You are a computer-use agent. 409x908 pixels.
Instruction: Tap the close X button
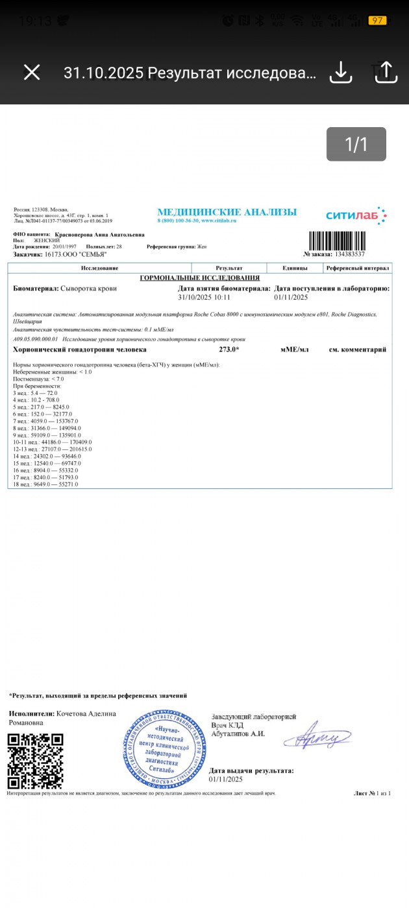click(x=32, y=72)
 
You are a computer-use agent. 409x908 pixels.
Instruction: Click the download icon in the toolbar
click(x=340, y=72)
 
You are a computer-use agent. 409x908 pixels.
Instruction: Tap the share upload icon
click(x=386, y=72)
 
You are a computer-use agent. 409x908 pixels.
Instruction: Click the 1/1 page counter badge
click(x=356, y=144)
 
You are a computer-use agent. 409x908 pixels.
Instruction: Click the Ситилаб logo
click(x=356, y=215)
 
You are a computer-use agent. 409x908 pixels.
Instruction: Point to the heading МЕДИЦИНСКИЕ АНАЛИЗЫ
click(x=227, y=212)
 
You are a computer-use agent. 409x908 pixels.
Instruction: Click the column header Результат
click(x=229, y=268)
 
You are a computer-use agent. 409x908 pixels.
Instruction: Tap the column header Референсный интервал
click(x=357, y=268)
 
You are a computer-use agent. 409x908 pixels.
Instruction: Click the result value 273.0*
click(x=229, y=350)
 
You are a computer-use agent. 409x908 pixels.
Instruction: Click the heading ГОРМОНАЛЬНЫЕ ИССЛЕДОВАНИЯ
click(x=199, y=278)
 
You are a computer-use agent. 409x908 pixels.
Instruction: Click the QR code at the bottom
click(x=35, y=761)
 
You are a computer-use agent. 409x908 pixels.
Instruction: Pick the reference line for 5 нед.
click(x=43, y=407)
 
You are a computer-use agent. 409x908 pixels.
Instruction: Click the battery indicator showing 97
click(x=377, y=21)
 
